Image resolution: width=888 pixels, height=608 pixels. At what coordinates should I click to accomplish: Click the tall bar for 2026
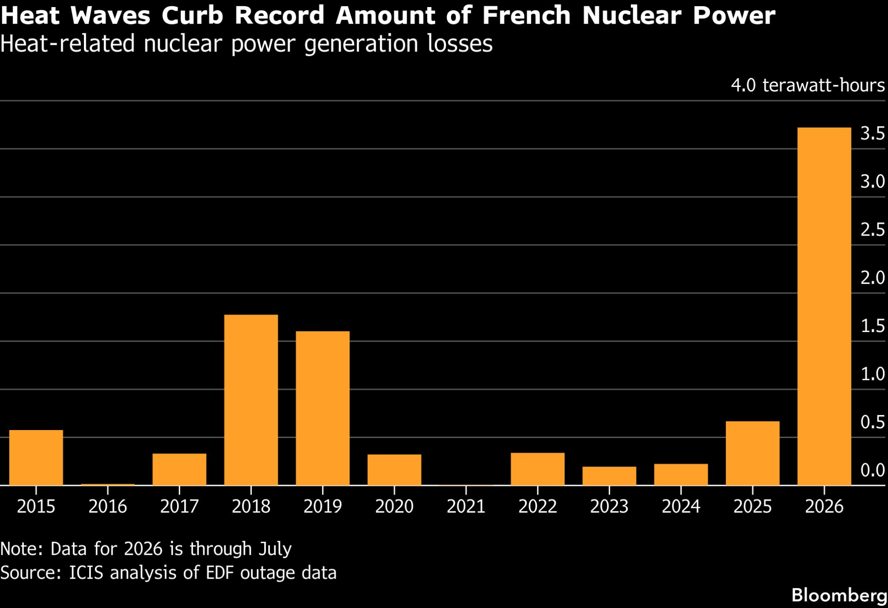(824, 306)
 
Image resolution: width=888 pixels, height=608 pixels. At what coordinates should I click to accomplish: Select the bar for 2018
(251, 400)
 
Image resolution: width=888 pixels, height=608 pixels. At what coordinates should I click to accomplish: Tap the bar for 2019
(323, 408)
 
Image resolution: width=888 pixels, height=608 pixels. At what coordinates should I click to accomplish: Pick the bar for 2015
(36, 458)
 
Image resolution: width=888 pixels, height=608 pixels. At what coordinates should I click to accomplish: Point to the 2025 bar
(753, 453)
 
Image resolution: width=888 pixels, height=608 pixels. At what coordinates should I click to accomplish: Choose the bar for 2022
(538, 469)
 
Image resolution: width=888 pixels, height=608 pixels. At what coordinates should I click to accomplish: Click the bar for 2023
(609, 476)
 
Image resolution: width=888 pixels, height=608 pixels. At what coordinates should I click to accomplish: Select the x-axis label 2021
(466, 506)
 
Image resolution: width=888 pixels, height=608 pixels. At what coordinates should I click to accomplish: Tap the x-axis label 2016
(107, 506)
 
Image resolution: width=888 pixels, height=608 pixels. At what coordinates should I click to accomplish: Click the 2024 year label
(681, 506)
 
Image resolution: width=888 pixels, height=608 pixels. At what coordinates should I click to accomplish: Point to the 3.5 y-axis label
(872, 133)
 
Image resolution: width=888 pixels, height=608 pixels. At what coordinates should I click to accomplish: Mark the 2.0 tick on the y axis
(872, 278)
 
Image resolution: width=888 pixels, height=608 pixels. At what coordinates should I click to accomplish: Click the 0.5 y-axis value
(872, 422)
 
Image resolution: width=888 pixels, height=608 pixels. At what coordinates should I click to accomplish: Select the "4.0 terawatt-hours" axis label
(808, 85)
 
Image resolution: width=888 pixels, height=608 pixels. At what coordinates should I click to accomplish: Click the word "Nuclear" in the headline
(632, 16)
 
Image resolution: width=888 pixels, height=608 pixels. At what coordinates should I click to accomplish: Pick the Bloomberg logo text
(839, 595)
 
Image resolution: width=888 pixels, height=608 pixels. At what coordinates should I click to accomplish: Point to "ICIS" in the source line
(86, 573)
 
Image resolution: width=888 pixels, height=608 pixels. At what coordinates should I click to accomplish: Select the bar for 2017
(179, 470)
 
